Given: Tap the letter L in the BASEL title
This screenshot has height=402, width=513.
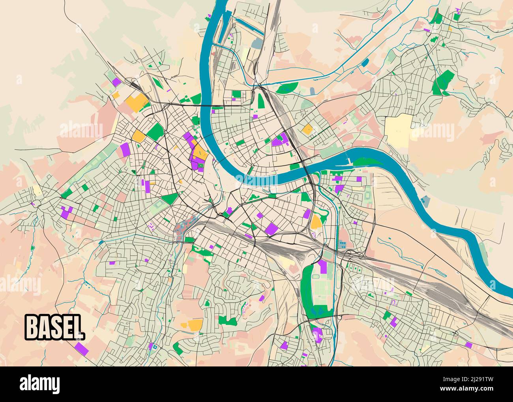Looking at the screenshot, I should point(78,327).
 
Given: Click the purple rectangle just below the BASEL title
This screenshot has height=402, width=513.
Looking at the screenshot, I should point(81,348).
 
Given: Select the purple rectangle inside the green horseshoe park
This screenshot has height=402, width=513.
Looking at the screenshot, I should point(323,267).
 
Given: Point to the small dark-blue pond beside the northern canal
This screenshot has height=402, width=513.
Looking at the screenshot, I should point(365,62).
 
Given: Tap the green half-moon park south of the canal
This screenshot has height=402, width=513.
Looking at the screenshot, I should point(288,88).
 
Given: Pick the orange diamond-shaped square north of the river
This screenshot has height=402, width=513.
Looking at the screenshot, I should point(307,129).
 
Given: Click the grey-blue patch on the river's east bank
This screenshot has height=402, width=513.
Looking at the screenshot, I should point(425,200).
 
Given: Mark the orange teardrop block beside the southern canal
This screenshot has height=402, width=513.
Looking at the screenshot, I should point(316,222).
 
